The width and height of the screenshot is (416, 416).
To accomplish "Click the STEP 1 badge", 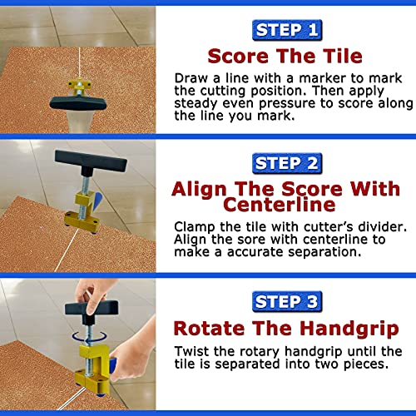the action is [287, 30].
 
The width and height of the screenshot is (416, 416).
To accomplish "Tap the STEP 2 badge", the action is [287, 163].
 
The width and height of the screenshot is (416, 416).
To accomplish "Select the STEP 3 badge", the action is [287, 301].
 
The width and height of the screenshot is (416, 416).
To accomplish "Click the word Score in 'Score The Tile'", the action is [238, 56].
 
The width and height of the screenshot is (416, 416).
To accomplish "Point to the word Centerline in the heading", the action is [280, 205].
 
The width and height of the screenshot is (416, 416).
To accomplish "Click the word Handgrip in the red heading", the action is [349, 329].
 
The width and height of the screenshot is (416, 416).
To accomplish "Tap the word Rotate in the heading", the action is [209, 329].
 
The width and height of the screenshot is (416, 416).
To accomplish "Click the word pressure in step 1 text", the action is [287, 104].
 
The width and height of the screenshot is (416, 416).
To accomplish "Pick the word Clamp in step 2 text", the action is [195, 227].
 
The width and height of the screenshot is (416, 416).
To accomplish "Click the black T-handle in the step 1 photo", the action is [78, 102].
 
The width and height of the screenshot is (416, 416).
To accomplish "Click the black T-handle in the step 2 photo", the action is [91, 162].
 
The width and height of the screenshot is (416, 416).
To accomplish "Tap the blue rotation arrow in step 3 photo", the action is [89, 337].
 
